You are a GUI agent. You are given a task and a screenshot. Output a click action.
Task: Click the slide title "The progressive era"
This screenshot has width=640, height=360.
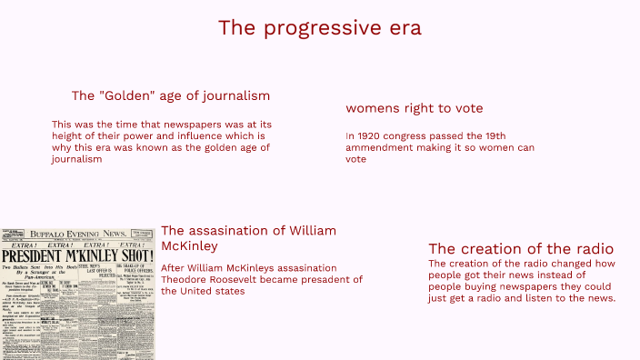tap(319, 28)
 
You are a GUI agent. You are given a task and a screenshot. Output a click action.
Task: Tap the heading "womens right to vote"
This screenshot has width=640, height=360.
tap(414, 108)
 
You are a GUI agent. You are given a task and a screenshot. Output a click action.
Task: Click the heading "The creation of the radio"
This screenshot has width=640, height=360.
tap(521, 249)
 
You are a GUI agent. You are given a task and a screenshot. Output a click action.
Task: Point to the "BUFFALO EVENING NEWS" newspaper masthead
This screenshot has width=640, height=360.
tap(78, 235)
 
